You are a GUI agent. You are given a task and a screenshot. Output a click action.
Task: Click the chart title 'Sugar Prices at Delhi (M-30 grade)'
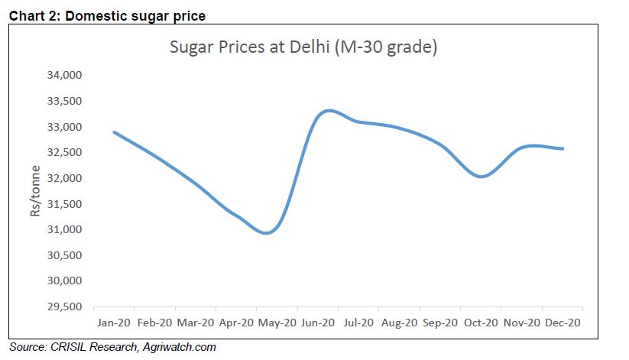point(303,47)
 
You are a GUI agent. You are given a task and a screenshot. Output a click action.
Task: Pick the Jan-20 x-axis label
point(114,323)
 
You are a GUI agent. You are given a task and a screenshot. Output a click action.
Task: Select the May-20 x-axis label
point(277,323)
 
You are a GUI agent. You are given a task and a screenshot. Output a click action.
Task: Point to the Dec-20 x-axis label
point(563,323)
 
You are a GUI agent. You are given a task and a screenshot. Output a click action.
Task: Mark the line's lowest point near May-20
point(266,233)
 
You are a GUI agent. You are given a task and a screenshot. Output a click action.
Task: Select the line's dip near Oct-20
point(481,177)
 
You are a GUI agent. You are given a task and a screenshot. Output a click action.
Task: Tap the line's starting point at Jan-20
point(114,132)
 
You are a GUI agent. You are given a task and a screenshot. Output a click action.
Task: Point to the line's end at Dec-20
point(563,148)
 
